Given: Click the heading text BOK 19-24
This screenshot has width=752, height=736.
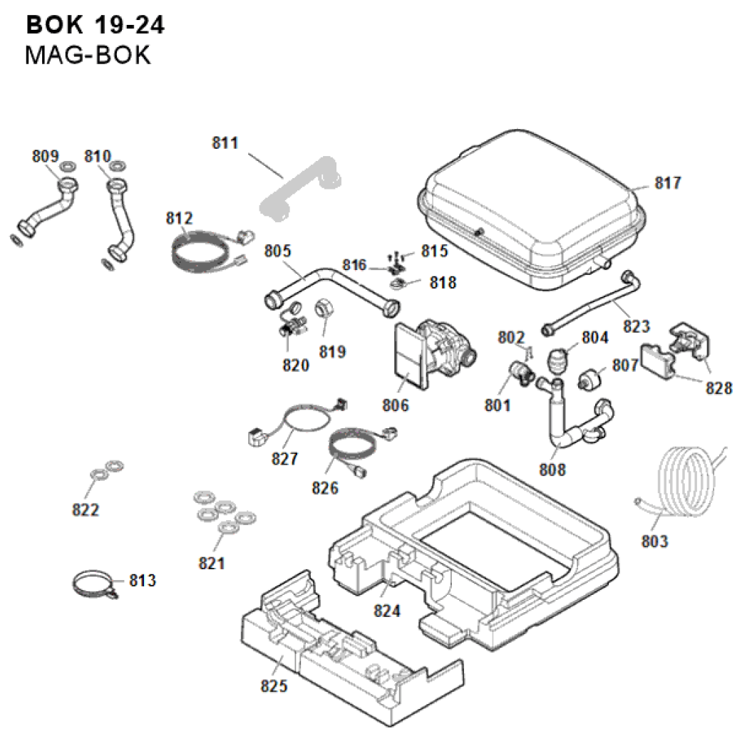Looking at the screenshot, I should [96, 25].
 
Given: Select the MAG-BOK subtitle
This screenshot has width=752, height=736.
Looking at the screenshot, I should [88, 55].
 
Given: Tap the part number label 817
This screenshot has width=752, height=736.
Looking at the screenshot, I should [667, 183].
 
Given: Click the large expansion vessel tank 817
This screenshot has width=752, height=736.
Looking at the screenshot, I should [531, 203].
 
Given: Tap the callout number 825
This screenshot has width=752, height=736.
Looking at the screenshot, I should [274, 686].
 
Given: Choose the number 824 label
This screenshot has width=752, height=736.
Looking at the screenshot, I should [388, 611].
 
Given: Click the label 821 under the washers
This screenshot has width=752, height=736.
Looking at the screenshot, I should [212, 564].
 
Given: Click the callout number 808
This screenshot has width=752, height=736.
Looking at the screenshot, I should [552, 470].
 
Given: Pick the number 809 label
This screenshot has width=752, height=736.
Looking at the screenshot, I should [45, 155].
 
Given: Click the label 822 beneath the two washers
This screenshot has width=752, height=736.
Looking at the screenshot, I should [86, 510].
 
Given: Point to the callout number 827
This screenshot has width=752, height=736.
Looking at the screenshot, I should [285, 460].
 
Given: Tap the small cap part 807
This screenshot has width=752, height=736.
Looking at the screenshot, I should [591, 380].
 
